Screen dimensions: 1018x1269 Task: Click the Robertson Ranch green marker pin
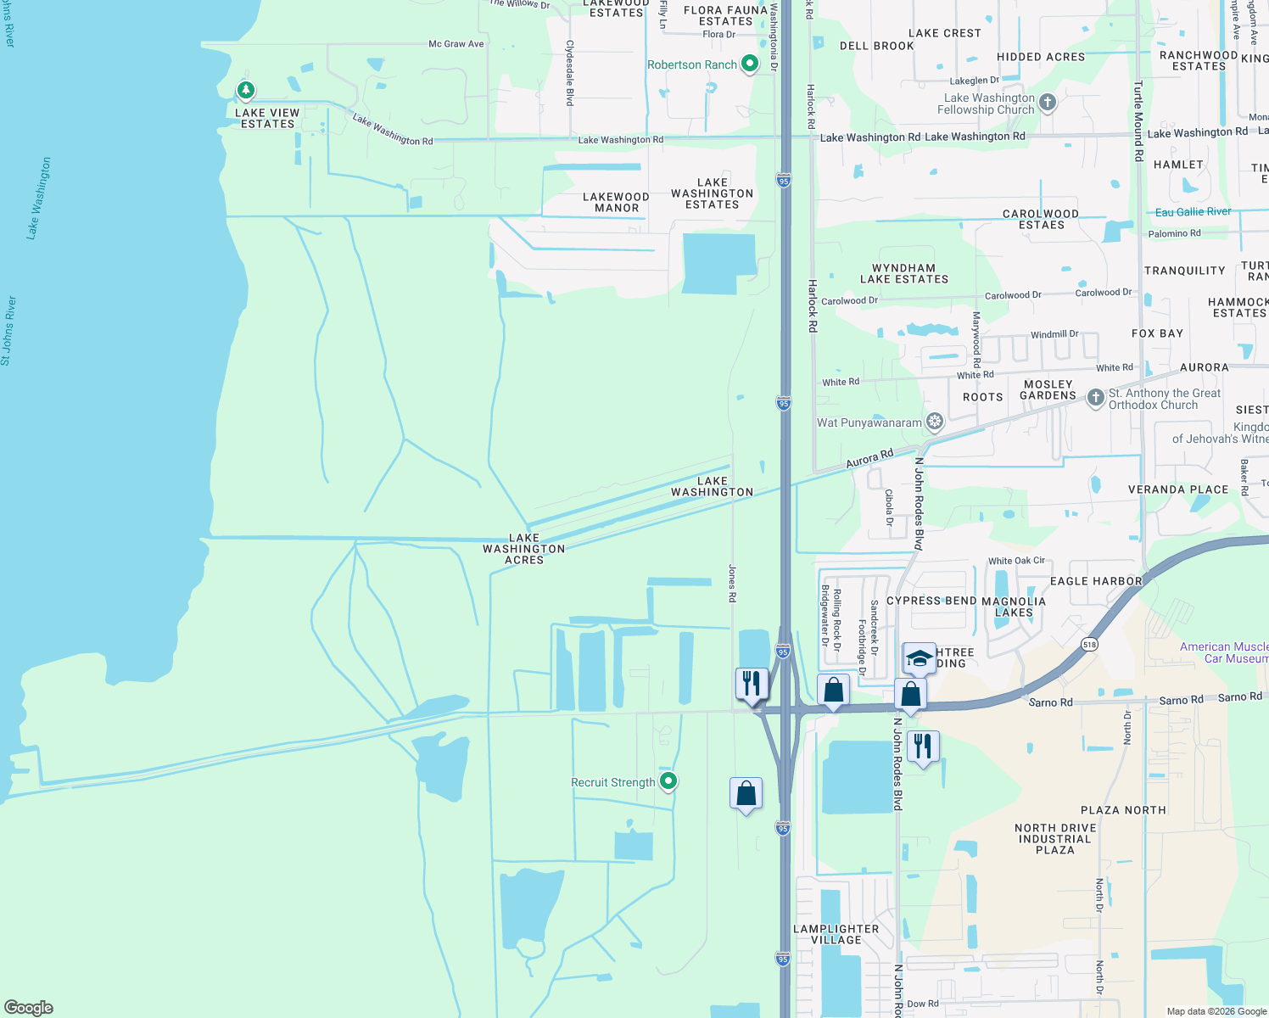click(749, 64)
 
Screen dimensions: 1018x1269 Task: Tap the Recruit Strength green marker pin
click(668, 781)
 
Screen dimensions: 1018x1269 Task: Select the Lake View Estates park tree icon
click(246, 89)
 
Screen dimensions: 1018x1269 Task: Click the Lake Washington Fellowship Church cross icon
click(1048, 103)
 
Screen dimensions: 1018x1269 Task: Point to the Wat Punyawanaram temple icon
click(935, 422)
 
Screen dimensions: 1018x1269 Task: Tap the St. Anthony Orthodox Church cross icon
click(1096, 397)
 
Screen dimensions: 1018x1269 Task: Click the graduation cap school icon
click(920, 657)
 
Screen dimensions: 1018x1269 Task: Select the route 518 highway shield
click(1090, 645)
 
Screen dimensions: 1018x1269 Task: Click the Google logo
click(29, 1008)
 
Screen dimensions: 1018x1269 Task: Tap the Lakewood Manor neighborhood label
click(617, 202)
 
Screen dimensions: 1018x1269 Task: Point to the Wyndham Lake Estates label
click(904, 273)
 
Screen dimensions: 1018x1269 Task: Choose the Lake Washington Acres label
click(524, 549)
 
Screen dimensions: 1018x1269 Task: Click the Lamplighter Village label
click(836, 934)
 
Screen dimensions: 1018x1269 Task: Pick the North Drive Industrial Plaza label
click(1055, 839)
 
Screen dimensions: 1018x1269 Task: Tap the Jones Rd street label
click(732, 584)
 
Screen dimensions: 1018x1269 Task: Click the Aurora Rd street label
click(869, 459)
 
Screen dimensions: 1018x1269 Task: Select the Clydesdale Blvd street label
click(570, 73)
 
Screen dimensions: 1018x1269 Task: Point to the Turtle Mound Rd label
click(1139, 120)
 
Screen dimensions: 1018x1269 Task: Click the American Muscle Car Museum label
click(1224, 652)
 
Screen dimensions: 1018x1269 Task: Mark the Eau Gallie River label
click(1193, 212)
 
